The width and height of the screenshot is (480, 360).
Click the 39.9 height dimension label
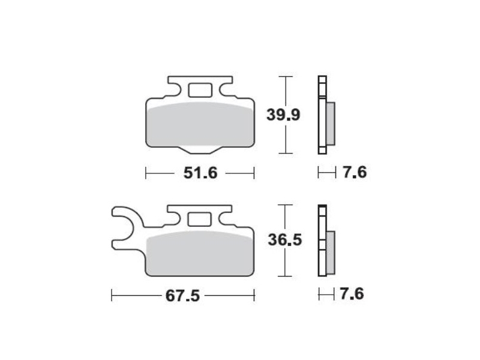[283, 115]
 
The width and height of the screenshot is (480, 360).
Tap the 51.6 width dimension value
[200, 173]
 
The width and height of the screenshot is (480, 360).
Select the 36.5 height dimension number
[285, 239]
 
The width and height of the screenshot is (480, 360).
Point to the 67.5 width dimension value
[182, 296]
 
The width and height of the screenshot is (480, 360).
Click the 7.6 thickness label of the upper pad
[354, 172]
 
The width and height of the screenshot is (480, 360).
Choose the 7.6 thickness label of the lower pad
[352, 294]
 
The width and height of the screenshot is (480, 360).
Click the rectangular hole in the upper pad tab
[200, 91]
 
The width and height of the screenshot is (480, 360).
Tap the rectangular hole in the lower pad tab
[200, 219]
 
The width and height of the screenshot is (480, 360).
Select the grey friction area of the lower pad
[200, 253]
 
